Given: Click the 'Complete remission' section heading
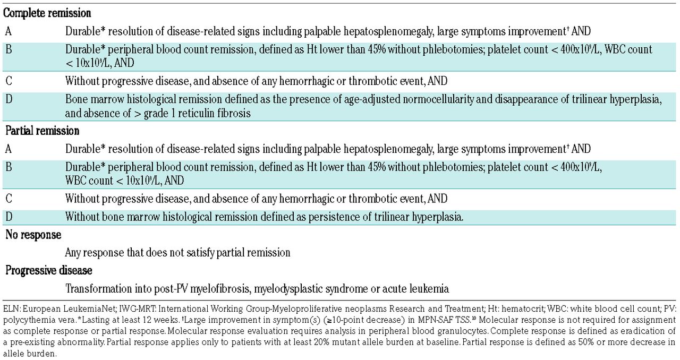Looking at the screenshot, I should tap(47, 13).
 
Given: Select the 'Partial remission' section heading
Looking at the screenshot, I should tap(42, 131).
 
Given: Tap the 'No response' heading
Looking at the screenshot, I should tap(33, 234).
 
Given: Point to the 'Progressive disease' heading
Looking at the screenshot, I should tap(49, 270).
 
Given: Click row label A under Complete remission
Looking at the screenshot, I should tap(8, 31).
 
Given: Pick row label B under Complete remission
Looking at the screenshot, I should tap(8, 49).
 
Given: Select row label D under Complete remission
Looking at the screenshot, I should tap(8, 99).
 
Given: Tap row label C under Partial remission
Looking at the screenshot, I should tap(8, 199).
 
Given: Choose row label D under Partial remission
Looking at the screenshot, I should tap(8, 217).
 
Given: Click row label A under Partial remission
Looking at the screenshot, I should tap(8, 149).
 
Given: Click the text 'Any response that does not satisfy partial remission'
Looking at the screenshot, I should tap(177, 252).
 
